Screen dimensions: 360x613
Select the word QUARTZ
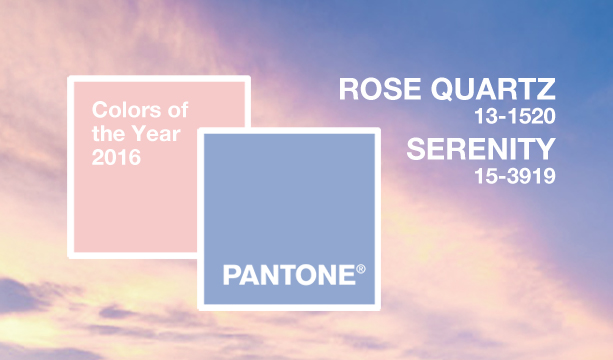pos(492,90)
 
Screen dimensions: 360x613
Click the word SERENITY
pos(480,150)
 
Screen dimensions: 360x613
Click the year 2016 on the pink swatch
pos(117,157)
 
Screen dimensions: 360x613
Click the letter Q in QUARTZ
pos(446,90)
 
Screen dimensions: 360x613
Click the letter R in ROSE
pos(351,90)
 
